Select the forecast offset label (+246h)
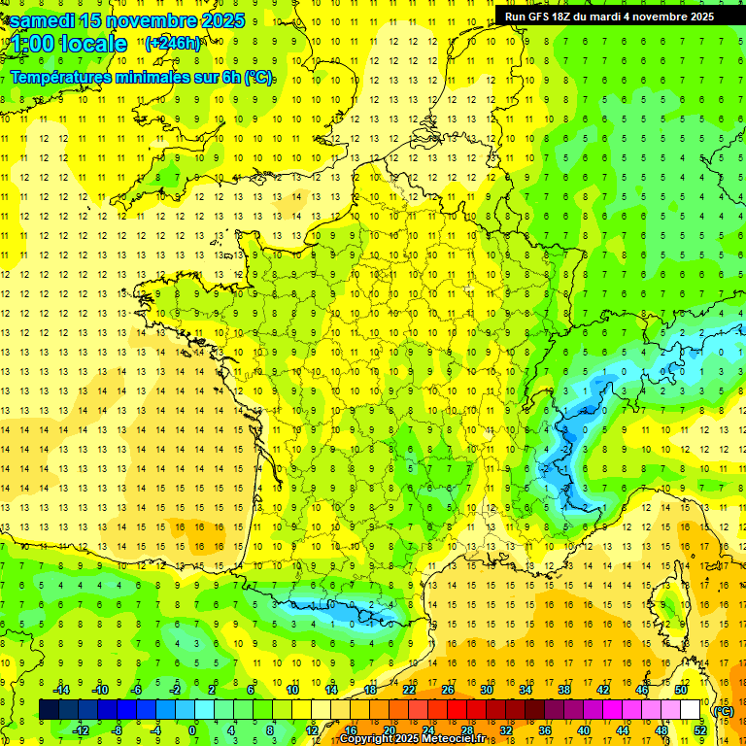click(x=173, y=43)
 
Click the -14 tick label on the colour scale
click(x=61, y=690)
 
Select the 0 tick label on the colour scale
click(x=192, y=730)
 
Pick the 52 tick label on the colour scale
click(x=699, y=730)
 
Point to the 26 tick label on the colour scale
click(x=448, y=690)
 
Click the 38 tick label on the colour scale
click(x=564, y=690)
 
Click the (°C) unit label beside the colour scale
click(x=724, y=710)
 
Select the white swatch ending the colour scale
click(x=691, y=710)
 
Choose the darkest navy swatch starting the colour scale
click(x=49, y=710)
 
